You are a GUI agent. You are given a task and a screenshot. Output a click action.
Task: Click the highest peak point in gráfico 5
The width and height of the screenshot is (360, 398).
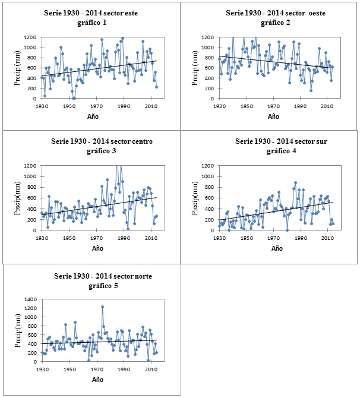102,307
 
